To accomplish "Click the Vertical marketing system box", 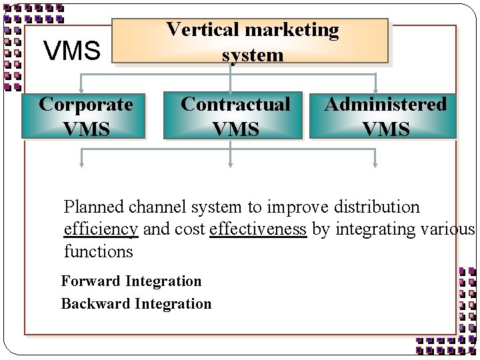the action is [x=252, y=41].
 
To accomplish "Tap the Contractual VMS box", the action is [x=235, y=116].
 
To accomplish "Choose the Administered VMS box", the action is [x=384, y=116].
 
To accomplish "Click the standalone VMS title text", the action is [x=71, y=50].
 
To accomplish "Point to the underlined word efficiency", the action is [x=101, y=229].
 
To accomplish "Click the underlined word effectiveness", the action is [x=258, y=229].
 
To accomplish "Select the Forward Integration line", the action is [x=131, y=281].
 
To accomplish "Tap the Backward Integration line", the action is [x=136, y=304].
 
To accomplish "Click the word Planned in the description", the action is [x=93, y=207].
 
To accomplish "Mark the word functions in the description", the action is [x=99, y=252].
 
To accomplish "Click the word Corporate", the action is [x=85, y=105].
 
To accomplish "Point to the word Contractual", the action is [x=235, y=105].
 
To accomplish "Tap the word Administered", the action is [x=385, y=105].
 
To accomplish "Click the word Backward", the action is [x=95, y=304].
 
